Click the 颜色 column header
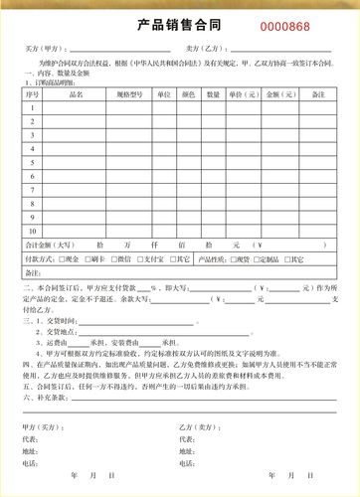pyautogui.click(x=189, y=94)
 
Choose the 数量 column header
pyautogui.click(x=214, y=94)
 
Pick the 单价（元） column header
pyautogui.click(x=244, y=94)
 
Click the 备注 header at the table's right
pyautogui.click(x=317, y=94)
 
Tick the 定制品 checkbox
pyautogui.click(x=257, y=258)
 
